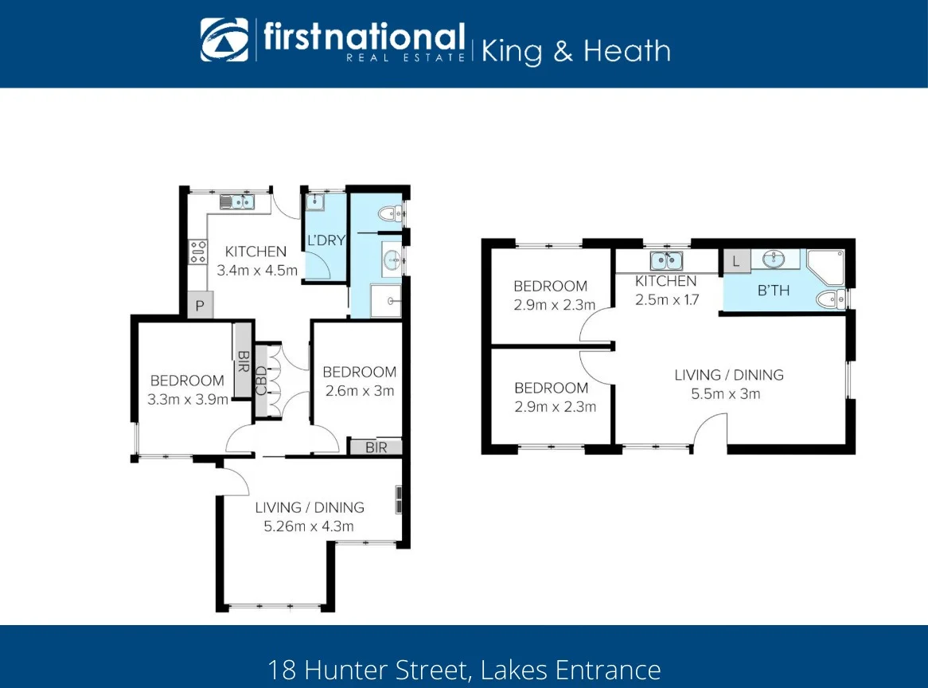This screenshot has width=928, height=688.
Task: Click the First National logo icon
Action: tap(224, 40)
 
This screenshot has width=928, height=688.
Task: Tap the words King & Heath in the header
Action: tap(576, 52)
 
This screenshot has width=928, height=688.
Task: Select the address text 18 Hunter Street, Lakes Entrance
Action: tap(464, 668)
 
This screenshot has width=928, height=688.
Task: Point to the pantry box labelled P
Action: tap(200, 306)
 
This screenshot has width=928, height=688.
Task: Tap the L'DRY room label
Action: tap(326, 240)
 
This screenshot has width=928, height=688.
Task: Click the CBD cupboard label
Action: tap(262, 380)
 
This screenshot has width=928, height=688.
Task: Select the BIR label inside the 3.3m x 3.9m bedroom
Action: tap(243, 361)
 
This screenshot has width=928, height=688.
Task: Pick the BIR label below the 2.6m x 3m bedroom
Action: tap(376, 448)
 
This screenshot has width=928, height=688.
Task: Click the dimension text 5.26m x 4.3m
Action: tap(309, 526)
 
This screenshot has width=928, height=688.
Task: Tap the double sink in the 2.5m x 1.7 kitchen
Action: tap(666, 260)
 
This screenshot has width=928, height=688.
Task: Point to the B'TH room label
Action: tap(773, 291)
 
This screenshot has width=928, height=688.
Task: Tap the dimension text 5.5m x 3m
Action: tap(728, 393)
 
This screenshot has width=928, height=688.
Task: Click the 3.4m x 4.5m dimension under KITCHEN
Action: tap(257, 270)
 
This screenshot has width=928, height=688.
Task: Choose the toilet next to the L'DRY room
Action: tap(391, 213)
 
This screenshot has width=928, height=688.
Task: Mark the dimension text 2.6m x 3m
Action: tap(360, 390)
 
